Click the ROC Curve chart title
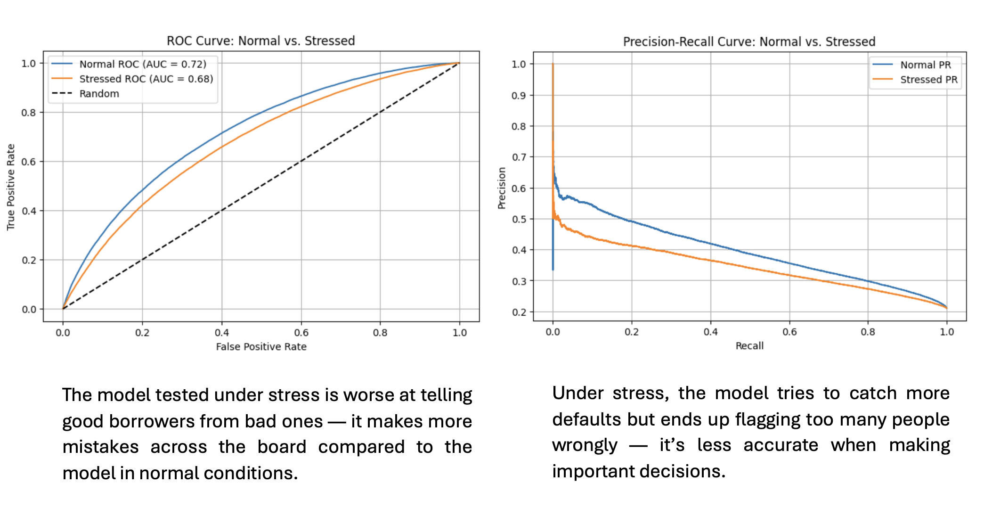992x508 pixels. [x=260, y=41]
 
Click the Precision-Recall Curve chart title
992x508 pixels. [x=749, y=42]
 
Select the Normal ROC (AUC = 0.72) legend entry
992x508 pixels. [x=142, y=64]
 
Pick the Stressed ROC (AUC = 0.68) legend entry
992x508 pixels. [x=146, y=79]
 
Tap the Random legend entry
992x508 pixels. [x=99, y=94]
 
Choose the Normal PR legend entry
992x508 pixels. [x=925, y=65]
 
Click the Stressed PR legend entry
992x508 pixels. [x=928, y=80]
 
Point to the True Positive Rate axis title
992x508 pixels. [x=11, y=187]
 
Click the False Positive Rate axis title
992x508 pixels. [x=261, y=347]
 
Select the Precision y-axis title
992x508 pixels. [x=502, y=188]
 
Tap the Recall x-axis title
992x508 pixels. [x=749, y=346]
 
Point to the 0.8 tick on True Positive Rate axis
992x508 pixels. [x=28, y=113]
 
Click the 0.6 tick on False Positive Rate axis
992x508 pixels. [x=301, y=333]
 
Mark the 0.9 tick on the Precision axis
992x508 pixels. [x=519, y=96]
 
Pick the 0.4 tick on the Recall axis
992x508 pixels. [x=710, y=332]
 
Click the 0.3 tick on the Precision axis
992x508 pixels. [x=519, y=281]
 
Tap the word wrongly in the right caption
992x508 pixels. [x=585, y=445]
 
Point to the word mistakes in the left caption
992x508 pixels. [x=100, y=447]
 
